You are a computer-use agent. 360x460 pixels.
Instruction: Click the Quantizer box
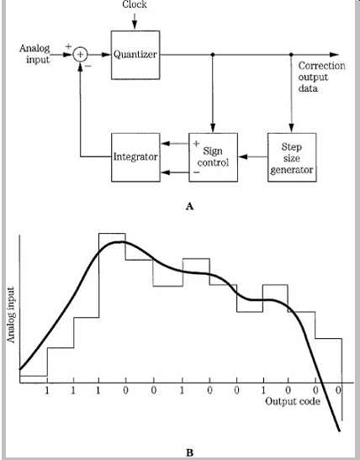pos(135,55)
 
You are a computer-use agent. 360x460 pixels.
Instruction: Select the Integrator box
pos(135,157)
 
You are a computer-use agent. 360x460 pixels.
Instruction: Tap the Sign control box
pos(213,157)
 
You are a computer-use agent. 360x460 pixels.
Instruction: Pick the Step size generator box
pos(292,157)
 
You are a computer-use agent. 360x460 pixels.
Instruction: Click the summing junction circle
pos(80,55)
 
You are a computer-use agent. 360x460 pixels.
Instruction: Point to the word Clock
pos(135,4)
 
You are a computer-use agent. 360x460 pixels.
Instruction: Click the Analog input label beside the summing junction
pos(35,54)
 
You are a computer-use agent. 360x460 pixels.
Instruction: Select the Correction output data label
pos(321,77)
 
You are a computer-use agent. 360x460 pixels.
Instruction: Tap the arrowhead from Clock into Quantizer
pos(135,25)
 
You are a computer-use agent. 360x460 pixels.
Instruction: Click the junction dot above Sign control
pos(213,55)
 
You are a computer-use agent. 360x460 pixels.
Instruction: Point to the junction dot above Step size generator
pos(291,55)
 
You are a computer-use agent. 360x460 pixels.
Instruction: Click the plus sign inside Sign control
pos(196,144)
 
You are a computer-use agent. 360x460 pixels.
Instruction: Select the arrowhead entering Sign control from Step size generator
pos(242,157)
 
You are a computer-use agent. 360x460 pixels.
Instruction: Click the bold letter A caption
pos(189,206)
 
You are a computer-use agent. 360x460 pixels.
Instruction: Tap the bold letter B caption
pos(189,452)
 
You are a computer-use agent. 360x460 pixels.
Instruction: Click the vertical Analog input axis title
pos(11,315)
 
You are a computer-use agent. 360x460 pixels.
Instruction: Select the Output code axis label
pos(293,401)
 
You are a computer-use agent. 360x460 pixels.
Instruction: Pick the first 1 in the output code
pos(47,391)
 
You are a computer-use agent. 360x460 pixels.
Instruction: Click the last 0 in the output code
pos(339,390)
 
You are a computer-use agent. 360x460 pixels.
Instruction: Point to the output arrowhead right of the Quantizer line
pos(334,55)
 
